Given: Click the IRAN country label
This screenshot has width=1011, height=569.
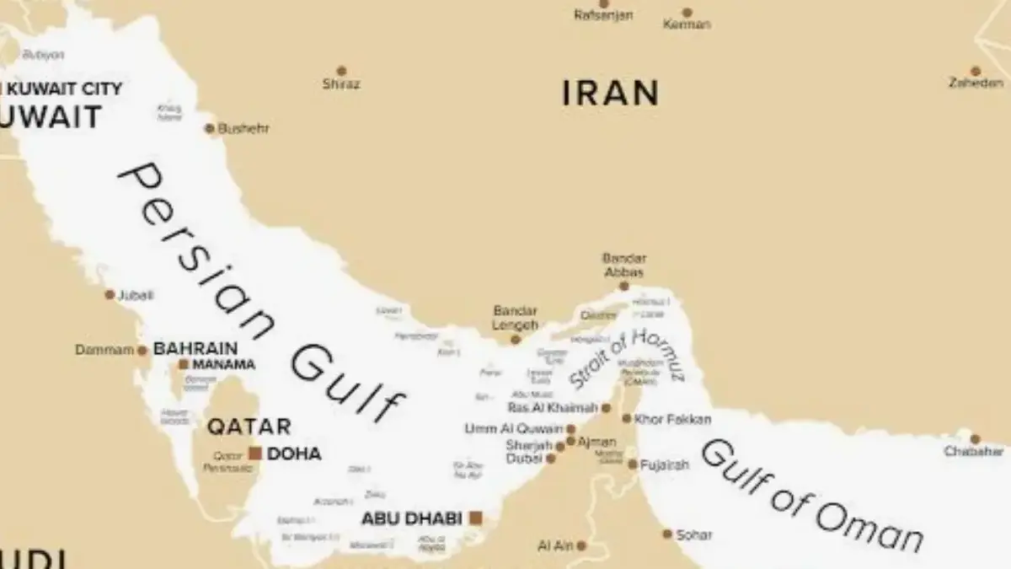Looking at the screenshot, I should pyautogui.click(x=610, y=93).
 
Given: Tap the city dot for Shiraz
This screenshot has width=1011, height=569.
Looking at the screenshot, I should pyautogui.click(x=341, y=71).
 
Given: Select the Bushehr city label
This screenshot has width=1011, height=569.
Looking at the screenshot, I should pyautogui.click(x=243, y=129).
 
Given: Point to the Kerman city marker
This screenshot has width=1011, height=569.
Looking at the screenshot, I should pyautogui.click(x=687, y=13).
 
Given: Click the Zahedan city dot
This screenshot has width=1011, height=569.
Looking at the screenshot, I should pyautogui.click(x=976, y=72).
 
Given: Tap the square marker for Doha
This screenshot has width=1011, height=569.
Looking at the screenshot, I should pyautogui.click(x=254, y=454).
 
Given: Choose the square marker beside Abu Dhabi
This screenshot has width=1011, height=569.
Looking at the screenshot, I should pyautogui.click(x=476, y=518).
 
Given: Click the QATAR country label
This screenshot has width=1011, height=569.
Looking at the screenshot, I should pyautogui.click(x=249, y=427).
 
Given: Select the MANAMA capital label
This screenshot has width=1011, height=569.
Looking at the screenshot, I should pyautogui.click(x=223, y=365).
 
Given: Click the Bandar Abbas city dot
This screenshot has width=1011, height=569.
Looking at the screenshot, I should pyautogui.click(x=624, y=287).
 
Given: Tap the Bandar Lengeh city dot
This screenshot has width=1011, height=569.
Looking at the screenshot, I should pyautogui.click(x=516, y=340).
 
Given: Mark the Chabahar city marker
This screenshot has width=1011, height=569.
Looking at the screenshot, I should pyautogui.click(x=975, y=439).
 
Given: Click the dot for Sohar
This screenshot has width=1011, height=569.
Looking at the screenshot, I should pyautogui.click(x=667, y=534).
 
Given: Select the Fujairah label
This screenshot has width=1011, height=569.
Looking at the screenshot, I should pyautogui.click(x=664, y=464).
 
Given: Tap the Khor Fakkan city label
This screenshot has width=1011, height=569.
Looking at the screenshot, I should pyautogui.click(x=672, y=419).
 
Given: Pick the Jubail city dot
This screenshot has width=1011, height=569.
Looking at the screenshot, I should pyautogui.click(x=110, y=295).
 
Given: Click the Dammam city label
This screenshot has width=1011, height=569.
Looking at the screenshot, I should pyautogui.click(x=104, y=350).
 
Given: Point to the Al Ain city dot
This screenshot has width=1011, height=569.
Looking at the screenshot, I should pyautogui.click(x=580, y=546).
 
